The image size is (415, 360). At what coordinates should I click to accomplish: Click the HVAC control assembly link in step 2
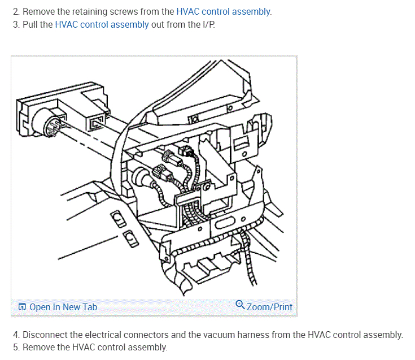(224, 11)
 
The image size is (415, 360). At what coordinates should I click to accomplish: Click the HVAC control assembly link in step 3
(102, 24)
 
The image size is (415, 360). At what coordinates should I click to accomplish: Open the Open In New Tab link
(63, 307)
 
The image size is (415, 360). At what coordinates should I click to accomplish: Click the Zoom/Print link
(269, 307)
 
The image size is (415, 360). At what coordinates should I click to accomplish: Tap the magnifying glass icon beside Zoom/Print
(240, 305)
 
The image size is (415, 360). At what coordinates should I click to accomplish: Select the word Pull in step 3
(30, 24)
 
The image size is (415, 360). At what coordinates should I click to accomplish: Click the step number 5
(16, 347)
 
